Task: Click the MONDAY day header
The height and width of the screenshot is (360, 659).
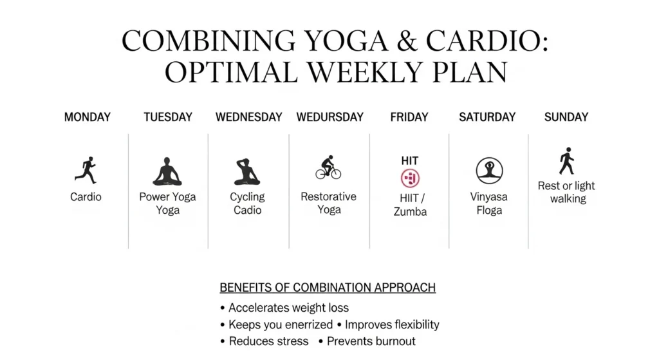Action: [x=88, y=117]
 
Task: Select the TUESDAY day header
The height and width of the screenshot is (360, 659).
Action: [x=168, y=117]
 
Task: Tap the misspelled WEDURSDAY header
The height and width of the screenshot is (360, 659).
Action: [x=330, y=117]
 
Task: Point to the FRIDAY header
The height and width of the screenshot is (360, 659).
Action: [x=409, y=117]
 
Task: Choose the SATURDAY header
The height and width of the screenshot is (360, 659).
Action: [x=487, y=117]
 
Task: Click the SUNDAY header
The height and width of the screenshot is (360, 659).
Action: [x=566, y=117]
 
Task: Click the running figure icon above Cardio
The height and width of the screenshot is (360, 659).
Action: [x=86, y=170]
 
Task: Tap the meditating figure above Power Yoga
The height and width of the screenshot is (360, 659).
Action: [x=167, y=171]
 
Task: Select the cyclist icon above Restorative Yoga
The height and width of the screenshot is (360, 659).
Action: [x=328, y=167]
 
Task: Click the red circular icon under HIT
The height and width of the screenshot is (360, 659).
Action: [x=410, y=178]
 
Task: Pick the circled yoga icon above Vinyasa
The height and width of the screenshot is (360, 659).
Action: [x=489, y=171]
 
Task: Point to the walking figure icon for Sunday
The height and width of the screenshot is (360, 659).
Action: [x=567, y=161]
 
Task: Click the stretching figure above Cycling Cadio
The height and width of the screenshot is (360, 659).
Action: [x=246, y=171]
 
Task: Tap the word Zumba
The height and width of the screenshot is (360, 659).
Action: [x=410, y=211]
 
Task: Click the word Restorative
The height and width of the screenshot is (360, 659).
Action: [x=329, y=196]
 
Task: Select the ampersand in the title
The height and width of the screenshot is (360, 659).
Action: [x=406, y=41]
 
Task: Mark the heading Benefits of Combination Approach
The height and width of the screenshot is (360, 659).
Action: [x=328, y=288]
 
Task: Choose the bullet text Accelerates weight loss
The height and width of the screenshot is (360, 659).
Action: [x=288, y=308]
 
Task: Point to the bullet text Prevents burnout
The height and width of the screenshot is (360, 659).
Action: [x=371, y=341]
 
